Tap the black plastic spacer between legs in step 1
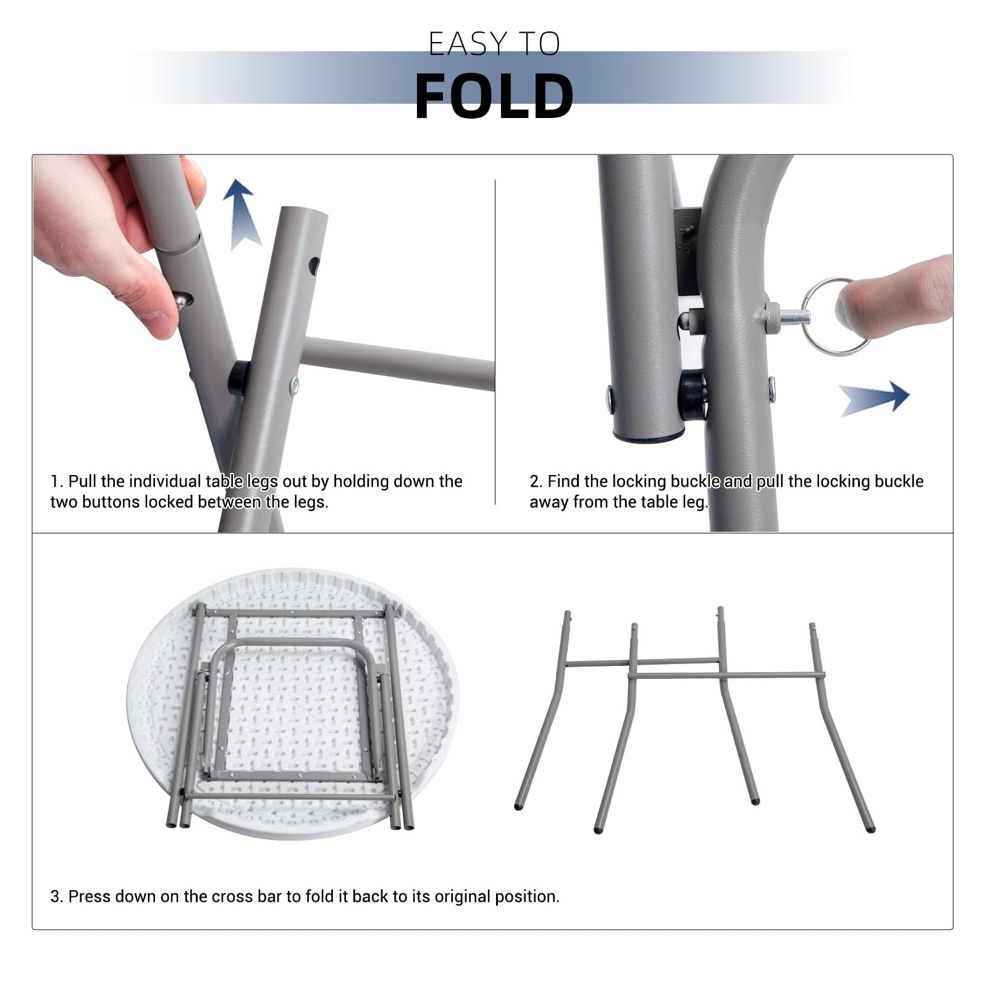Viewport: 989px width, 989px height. pos(238,378)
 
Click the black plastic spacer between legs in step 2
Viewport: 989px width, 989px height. pos(691,395)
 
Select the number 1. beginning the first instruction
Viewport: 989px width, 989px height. pos(57,481)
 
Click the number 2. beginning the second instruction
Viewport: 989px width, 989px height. pos(536,481)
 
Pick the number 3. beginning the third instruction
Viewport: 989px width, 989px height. pos(57,896)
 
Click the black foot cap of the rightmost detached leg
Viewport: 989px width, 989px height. pos(870,829)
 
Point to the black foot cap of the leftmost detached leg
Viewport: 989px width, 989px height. pos(518,806)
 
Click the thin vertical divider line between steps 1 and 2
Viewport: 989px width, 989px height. pos(495,342)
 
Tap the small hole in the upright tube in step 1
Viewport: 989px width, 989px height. pos(314,266)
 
